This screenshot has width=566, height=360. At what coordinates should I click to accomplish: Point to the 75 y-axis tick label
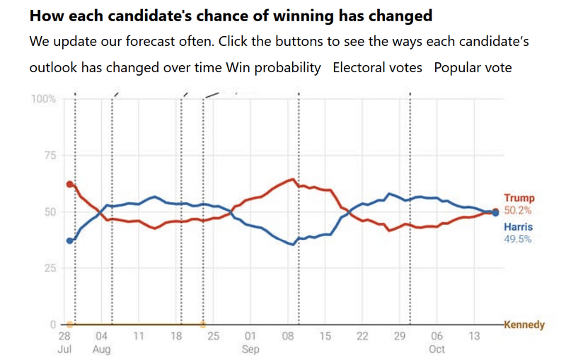pyautogui.click(x=49, y=156)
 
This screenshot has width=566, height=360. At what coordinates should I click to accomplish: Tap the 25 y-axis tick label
pyautogui.click(x=49, y=268)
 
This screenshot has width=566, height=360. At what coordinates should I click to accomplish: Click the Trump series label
pyautogui.click(x=519, y=199)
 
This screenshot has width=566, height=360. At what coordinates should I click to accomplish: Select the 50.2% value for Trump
pyautogui.click(x=518, y=211)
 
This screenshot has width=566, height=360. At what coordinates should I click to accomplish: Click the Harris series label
pyautogui.click(x=518, y=227)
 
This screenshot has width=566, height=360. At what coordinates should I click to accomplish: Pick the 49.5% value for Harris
pyautogui.click(x=518, y=239)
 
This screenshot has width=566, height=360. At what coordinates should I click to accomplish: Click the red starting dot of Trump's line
pyautogui.click(x=69, y=184)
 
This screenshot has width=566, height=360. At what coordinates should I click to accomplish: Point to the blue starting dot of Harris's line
pyautogui.click(x=69, y=240)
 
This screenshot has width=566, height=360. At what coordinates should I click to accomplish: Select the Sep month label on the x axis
pyautogui.click(x=250, y=349)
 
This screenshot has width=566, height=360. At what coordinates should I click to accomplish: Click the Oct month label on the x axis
pyautogui.click(x=437, y=349)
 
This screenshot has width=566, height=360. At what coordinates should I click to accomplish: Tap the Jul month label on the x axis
pyautogui.click(x=64, y=349)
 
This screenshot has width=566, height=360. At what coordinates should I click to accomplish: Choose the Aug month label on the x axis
pyautogui.click(x=102, y=349)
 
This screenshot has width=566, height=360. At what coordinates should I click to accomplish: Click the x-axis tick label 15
pyautogui.click(x=325, y=337)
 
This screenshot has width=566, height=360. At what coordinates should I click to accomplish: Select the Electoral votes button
pyautogui.click(x=377, y=68)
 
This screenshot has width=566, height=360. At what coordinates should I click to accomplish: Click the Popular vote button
pyautogui.click(x=473, y=68)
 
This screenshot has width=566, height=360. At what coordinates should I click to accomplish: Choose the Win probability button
pyautogui.click(x=273, y=68)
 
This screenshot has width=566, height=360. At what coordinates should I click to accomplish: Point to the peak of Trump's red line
pyautogui.click(x=292, y=179)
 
